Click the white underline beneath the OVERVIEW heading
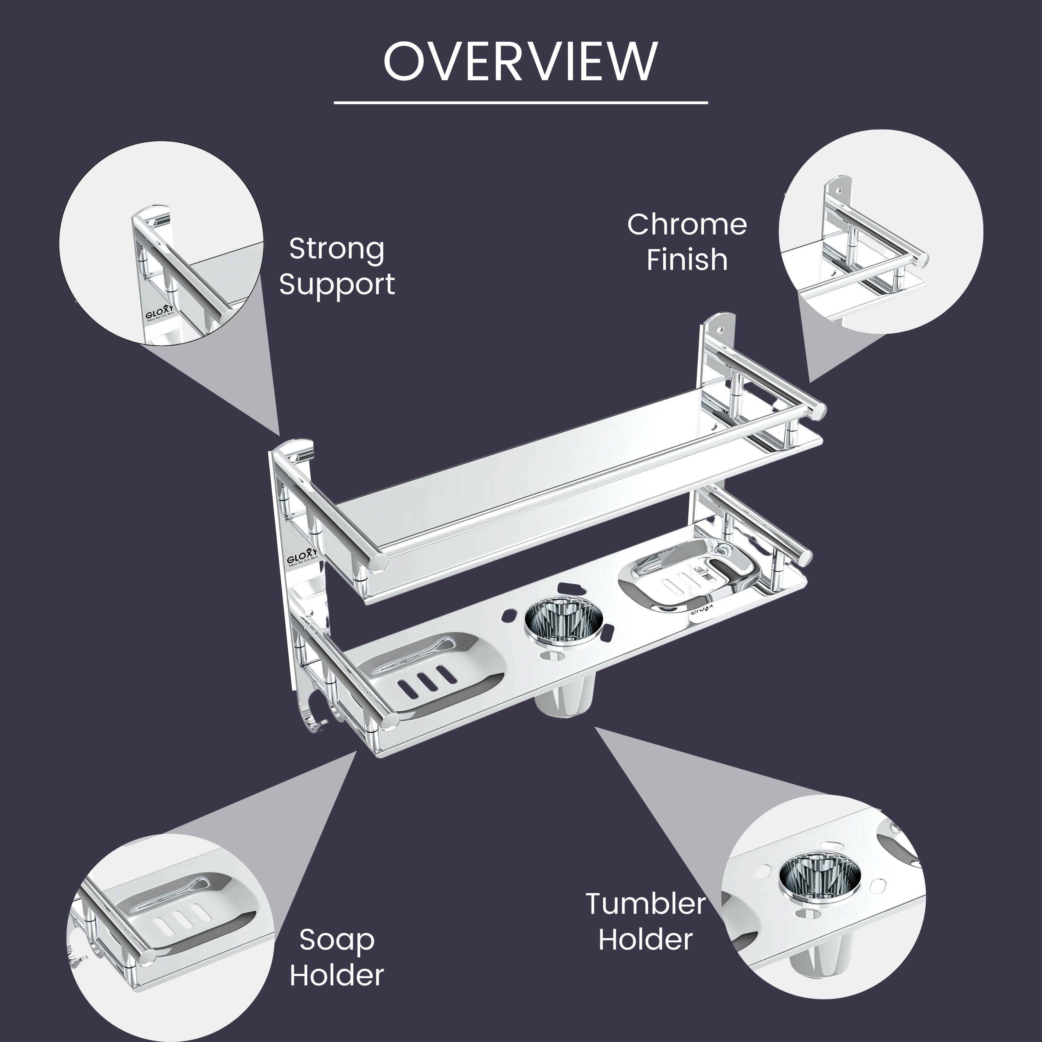[x=520, y=102]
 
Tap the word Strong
[x=337, y=249]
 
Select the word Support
[x=337, y=284]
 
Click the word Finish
[x=687, y=259]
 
